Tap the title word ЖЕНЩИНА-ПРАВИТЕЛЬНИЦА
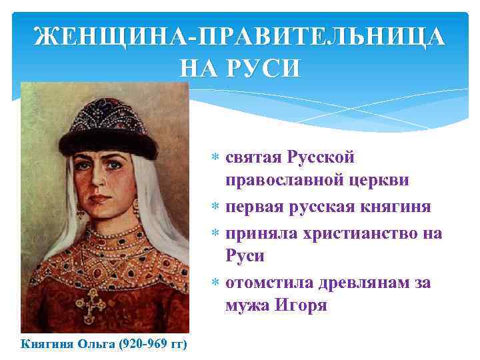(x=239, y=37)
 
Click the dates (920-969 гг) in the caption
(x=152, y=344)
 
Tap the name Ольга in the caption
(x=96, y=344)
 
